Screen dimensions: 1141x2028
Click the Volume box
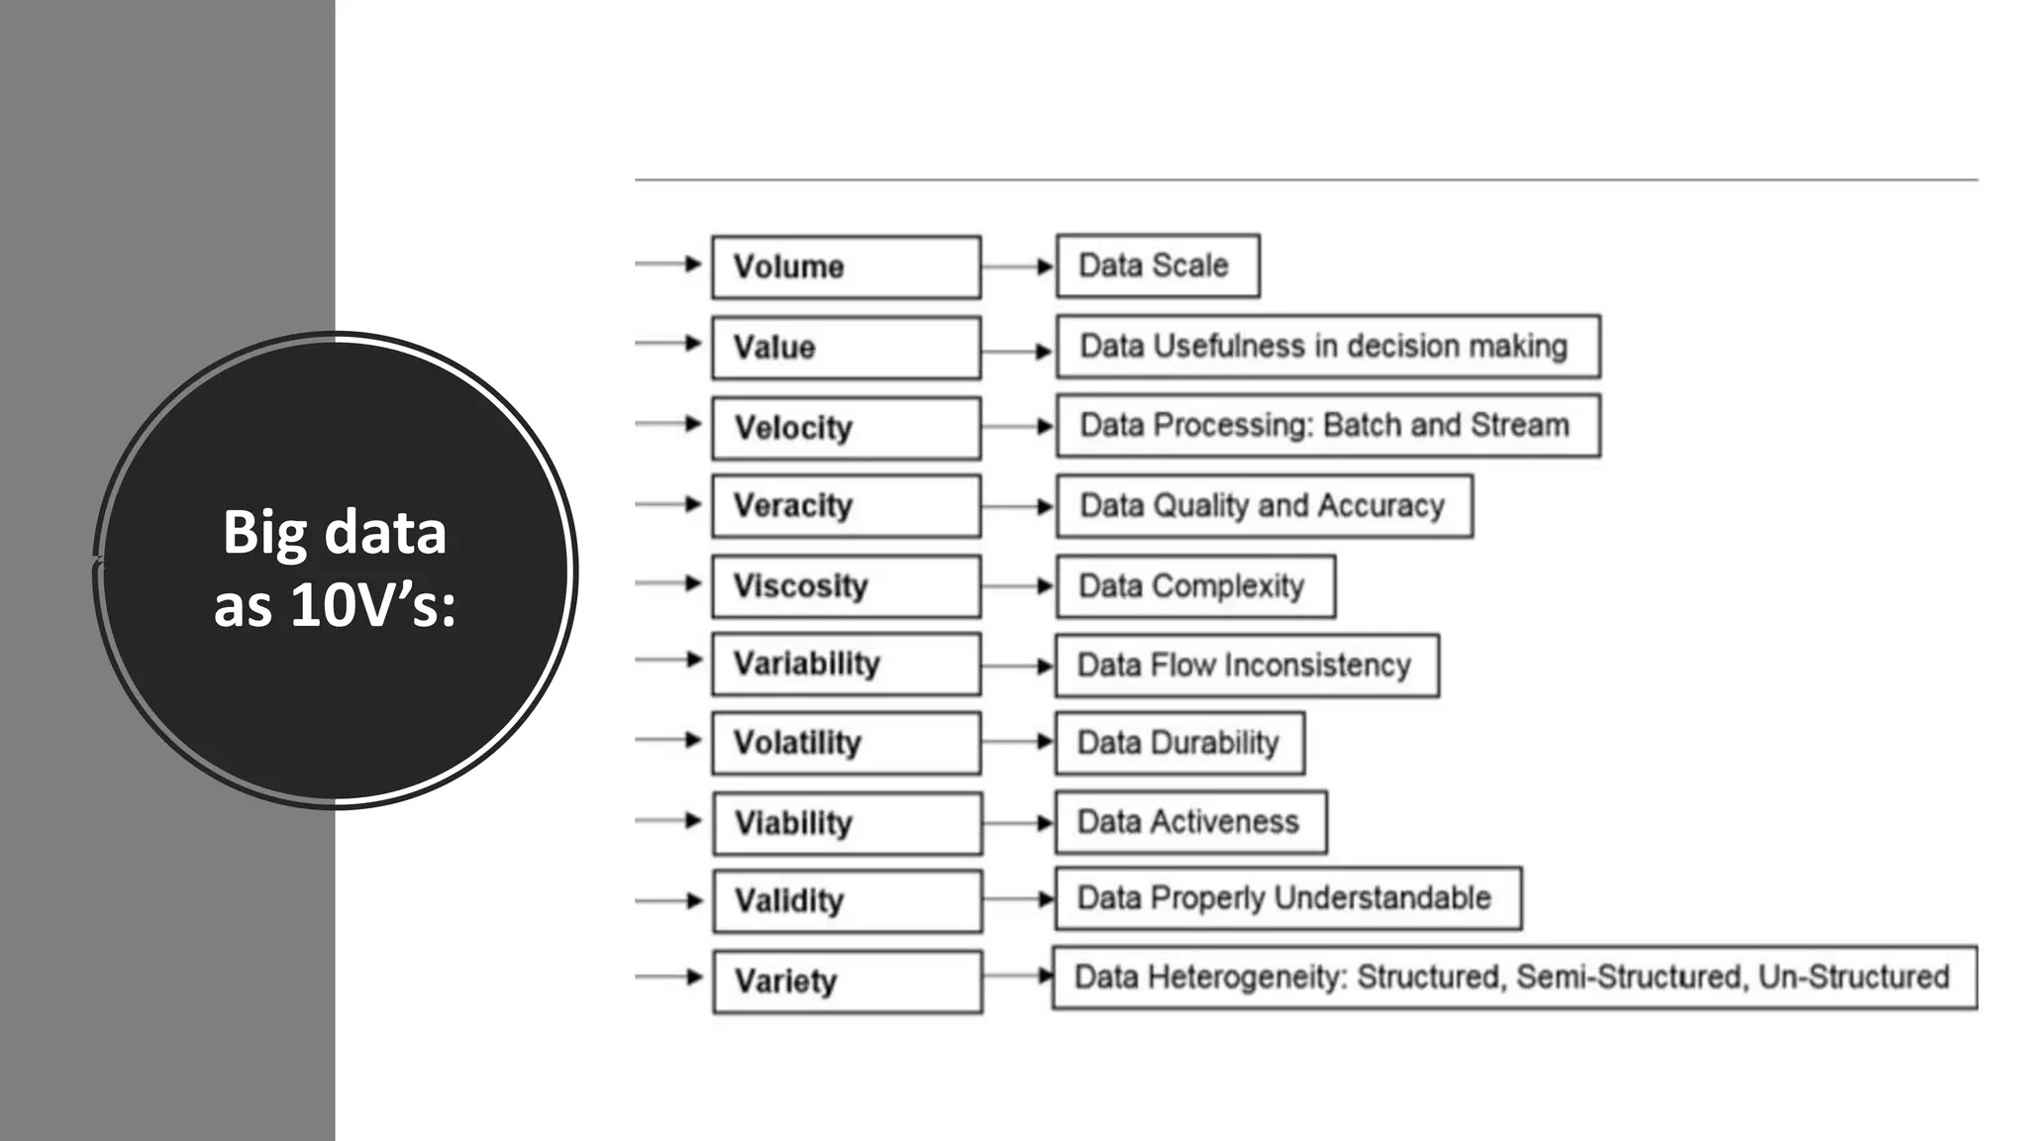click(x=846, y=266)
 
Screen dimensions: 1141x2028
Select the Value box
click(x=846, y=348)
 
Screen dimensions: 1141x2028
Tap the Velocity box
click(x=846, y=428)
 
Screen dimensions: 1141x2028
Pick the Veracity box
click(x=846, y=506)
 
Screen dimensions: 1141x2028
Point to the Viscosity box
click(x=846, y=586)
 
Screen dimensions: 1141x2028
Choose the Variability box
click(x=846, y=664)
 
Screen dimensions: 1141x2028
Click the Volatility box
click(x=846, y=743)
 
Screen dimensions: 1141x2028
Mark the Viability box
click(x=847, y=823)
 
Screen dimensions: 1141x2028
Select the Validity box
click(x=847, y=901)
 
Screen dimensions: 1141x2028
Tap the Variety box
click(x=847, y=982)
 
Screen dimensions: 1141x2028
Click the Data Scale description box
click(x=1158, y=265)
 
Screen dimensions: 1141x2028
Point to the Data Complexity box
click(x=1195, y=586)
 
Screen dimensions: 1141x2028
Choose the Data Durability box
click(x=1179, y=743)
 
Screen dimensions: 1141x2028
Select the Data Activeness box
click(x=1190, y=822)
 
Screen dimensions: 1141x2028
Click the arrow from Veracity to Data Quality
click(x=1018, y=506)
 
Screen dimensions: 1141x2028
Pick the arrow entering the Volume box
click(x=669, y=263)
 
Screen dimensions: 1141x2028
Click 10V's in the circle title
click(x=372, y=604)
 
